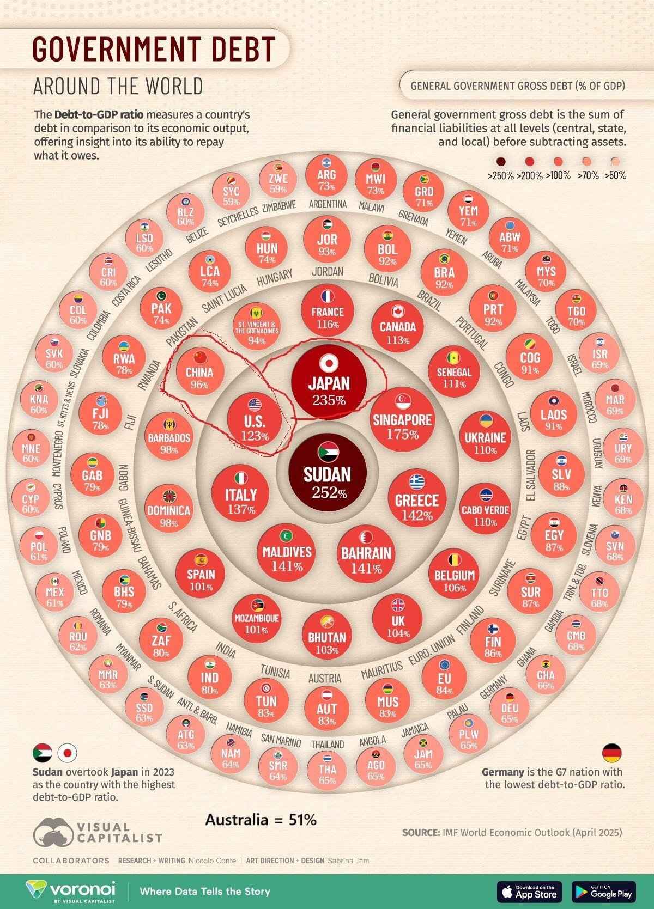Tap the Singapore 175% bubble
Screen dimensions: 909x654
(x=402, y=422)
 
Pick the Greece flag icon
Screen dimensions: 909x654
(x=417, y=482)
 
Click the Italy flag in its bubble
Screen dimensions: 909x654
(x=240, y=478)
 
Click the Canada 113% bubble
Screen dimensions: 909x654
(x=397, y=326)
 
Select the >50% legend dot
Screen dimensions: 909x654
(x=615, y=162)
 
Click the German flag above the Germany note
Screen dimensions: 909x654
(x=611, y=753)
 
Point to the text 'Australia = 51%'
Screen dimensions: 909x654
(x=261, y=819)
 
